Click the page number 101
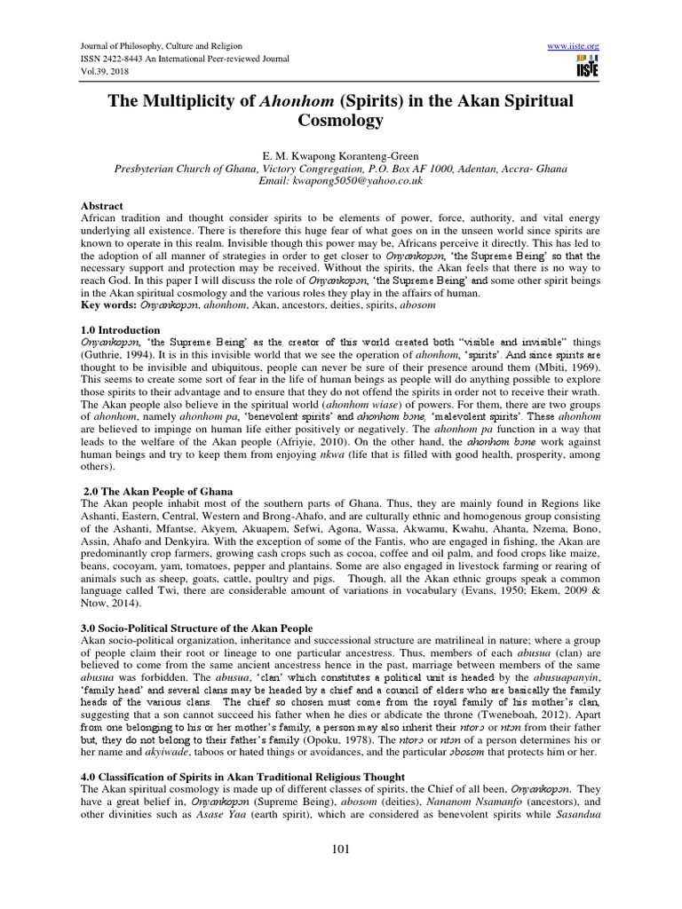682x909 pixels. click(x=341, y=850)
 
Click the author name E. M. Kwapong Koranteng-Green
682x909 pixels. click(x=341, y=155)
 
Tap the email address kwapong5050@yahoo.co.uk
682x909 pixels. click(x=340, y=180)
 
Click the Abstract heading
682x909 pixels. click(x=99, y=203)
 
